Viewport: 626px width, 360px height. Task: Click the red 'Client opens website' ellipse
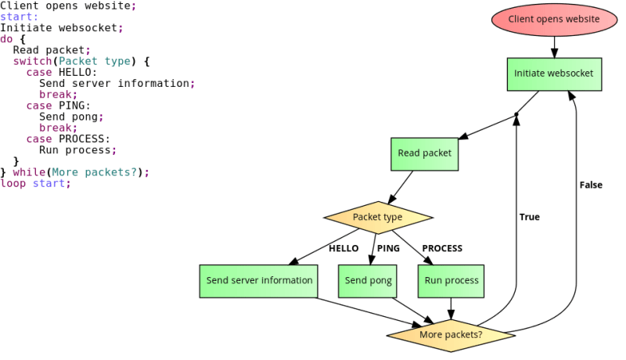(x=554, y=19)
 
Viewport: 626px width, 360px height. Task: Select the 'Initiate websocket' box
(x=554, y=74)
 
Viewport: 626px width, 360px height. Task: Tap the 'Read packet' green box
(x=425, y=153)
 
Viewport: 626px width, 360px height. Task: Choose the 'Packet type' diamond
(x=377, y=217)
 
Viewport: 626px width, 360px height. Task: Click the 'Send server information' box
(x=259, y=280)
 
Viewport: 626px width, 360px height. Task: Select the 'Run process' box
(x=452, y=280)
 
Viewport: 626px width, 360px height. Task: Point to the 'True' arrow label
(x=530, y=217)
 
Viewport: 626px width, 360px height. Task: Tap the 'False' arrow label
(x=591, y=185)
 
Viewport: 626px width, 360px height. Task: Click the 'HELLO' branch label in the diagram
(x=343, y=248)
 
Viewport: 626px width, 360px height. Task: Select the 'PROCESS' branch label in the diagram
(x=443, y=248)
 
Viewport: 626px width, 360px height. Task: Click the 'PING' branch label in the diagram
(x=388, y=248)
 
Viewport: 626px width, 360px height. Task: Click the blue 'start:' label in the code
(x=19, y=16)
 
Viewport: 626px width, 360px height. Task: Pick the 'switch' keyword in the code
(x=29, y=61)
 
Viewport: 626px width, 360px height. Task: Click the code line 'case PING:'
(x=59, y=106)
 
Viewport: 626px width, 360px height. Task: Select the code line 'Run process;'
(x=77, y=150)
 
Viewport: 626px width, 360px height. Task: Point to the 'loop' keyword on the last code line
(x=13, y=183)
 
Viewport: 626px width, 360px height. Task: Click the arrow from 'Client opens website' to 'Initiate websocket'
(x=554, y=46)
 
